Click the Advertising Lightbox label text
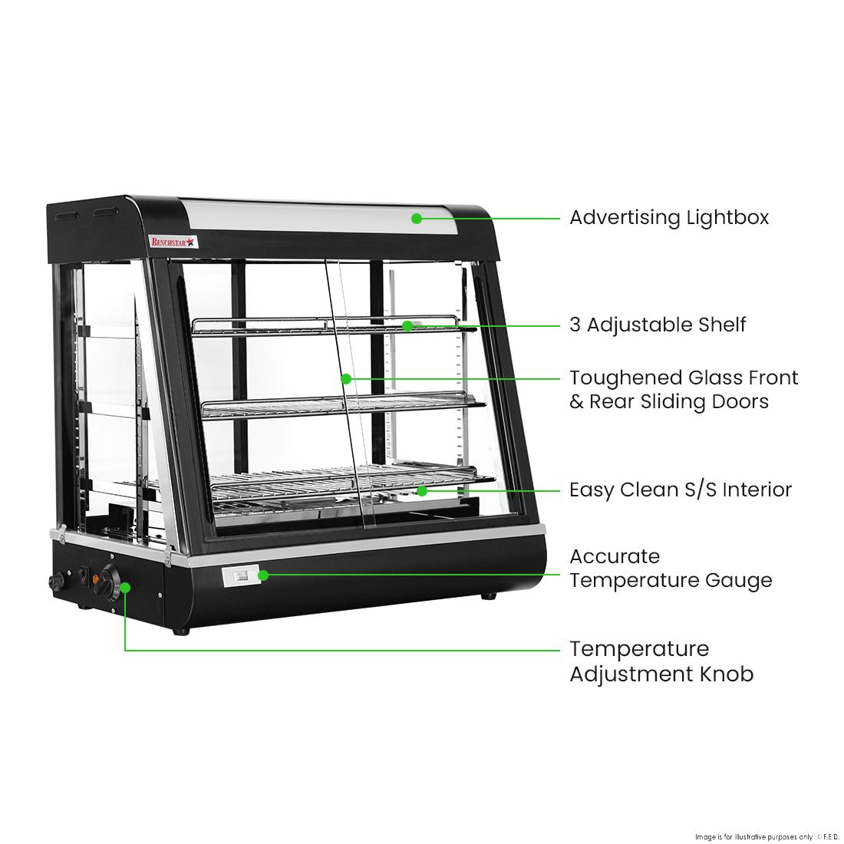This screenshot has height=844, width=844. (668, 218)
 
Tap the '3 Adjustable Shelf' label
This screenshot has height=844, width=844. (657, 325)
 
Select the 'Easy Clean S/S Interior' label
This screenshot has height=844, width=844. (680, 490)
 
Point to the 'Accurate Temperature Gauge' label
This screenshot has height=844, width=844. (670, 569)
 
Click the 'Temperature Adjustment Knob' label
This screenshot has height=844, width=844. (661, 661)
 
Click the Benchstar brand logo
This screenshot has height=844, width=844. (173, 242)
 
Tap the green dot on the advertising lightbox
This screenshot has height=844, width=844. (417, 218)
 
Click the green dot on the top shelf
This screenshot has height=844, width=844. (407, 325)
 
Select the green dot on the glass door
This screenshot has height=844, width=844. (346, 378)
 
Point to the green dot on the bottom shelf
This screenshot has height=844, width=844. (421, 490)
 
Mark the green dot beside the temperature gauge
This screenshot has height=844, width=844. (262, 575)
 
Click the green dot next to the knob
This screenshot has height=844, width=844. (125, 587)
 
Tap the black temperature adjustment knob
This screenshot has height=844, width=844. (105, 581)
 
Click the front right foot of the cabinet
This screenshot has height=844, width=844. (487, 595)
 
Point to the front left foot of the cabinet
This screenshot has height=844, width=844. (181, 631)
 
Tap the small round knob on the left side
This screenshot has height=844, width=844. (55, 582)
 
